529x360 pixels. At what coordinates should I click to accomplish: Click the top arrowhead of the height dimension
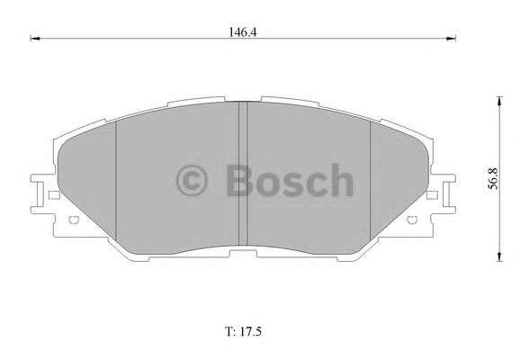click(499, 101)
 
